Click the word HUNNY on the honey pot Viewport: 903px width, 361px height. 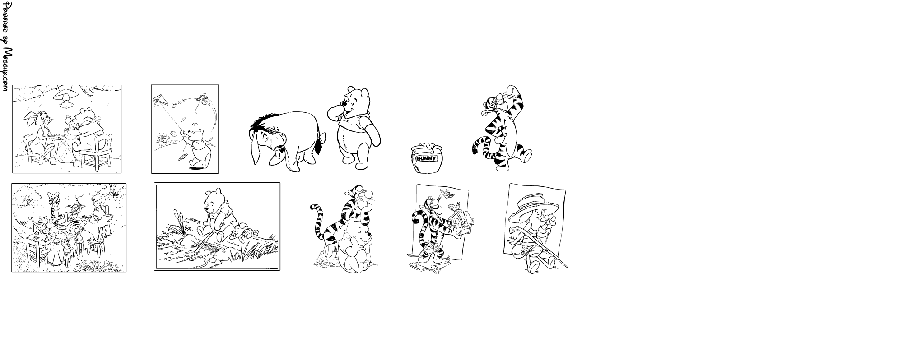tap(427, 159)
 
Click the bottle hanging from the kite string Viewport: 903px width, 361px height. tap(182, 157)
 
